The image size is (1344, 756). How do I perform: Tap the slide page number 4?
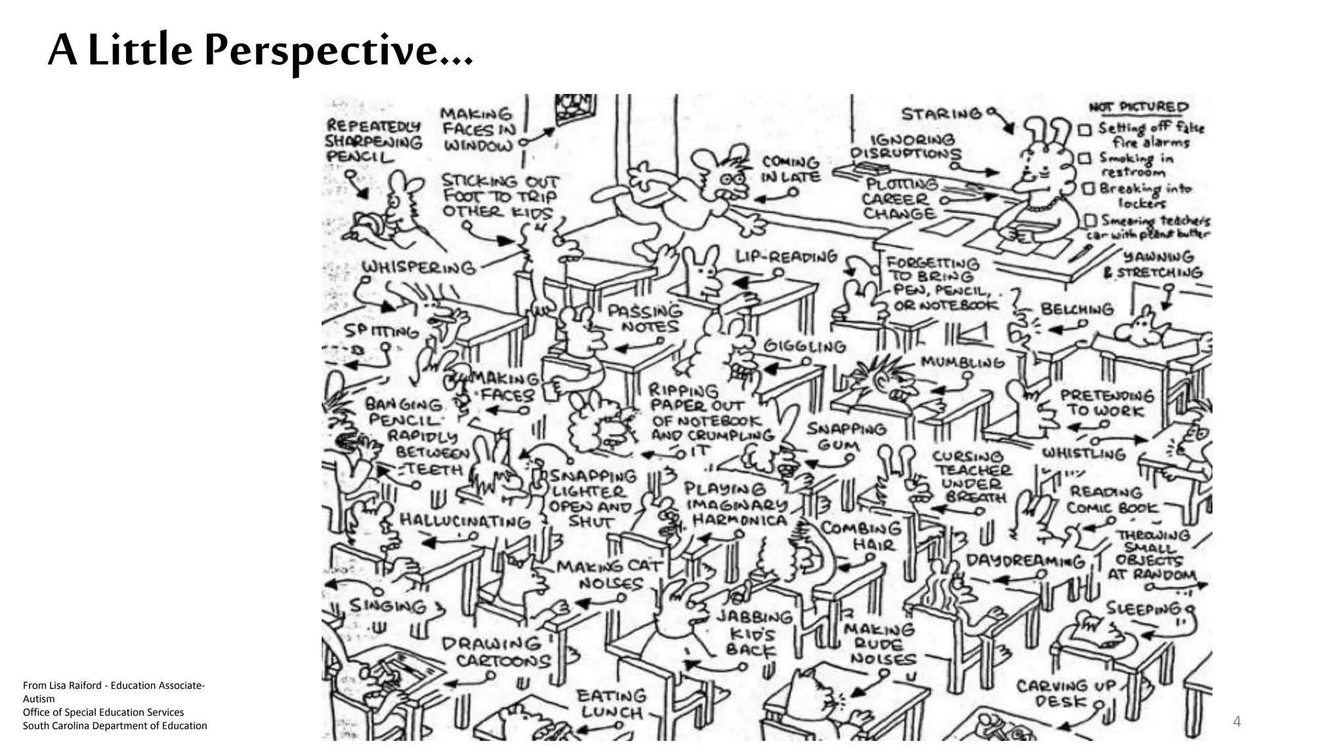[1237, 722]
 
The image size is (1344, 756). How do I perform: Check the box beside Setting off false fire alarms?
[1085, 129]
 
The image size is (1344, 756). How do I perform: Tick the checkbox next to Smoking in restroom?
[1085, 159]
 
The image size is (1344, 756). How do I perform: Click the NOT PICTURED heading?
[1139, 107]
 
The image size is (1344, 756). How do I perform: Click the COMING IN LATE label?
[790, 169]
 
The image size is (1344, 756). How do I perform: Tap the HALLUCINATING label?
[465, 521]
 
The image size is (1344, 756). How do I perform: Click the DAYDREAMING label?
[1025, 561]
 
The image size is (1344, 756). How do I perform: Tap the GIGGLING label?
[805, 346]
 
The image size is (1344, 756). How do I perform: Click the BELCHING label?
[1077, 309]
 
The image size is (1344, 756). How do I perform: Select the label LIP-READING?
[786, 257]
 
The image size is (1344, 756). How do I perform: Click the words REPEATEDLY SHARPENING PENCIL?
[373, 141]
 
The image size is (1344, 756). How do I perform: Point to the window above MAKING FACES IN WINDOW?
[575, 109]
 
